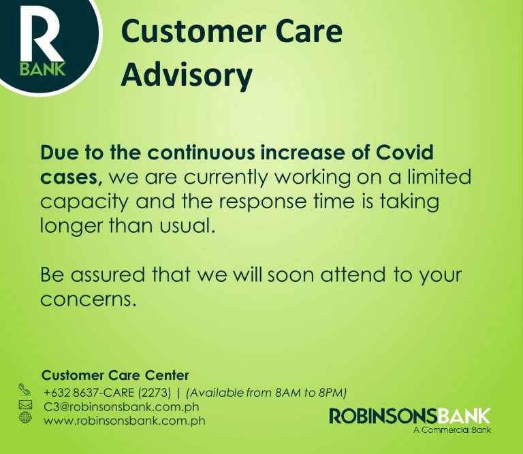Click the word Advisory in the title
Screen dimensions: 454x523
tap(186, 74)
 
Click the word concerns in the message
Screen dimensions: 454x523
tap(89, 300)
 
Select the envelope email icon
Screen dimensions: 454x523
tap(25, 406)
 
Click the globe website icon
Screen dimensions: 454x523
tap(25, 419)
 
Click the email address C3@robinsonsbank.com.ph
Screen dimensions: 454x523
tap(122, 406)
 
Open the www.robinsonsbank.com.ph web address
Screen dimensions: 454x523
tap(124, 421)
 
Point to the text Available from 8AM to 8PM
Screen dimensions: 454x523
tap(267, 392)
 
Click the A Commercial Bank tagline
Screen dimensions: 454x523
tap(451, 430)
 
